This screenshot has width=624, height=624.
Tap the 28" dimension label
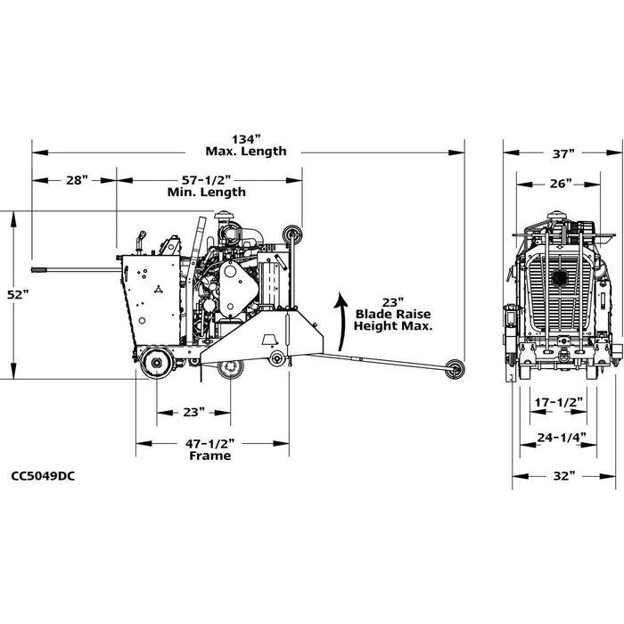pos(77,179)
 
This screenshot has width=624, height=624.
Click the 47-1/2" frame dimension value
pos(210,442)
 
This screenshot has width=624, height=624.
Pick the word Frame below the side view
pos(210,456)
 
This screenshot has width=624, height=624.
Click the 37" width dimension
pos(562,153)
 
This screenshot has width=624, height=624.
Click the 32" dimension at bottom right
pos(562,476)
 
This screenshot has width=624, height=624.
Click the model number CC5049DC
pos(44,475)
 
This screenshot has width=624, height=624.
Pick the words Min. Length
pos(207,192)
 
